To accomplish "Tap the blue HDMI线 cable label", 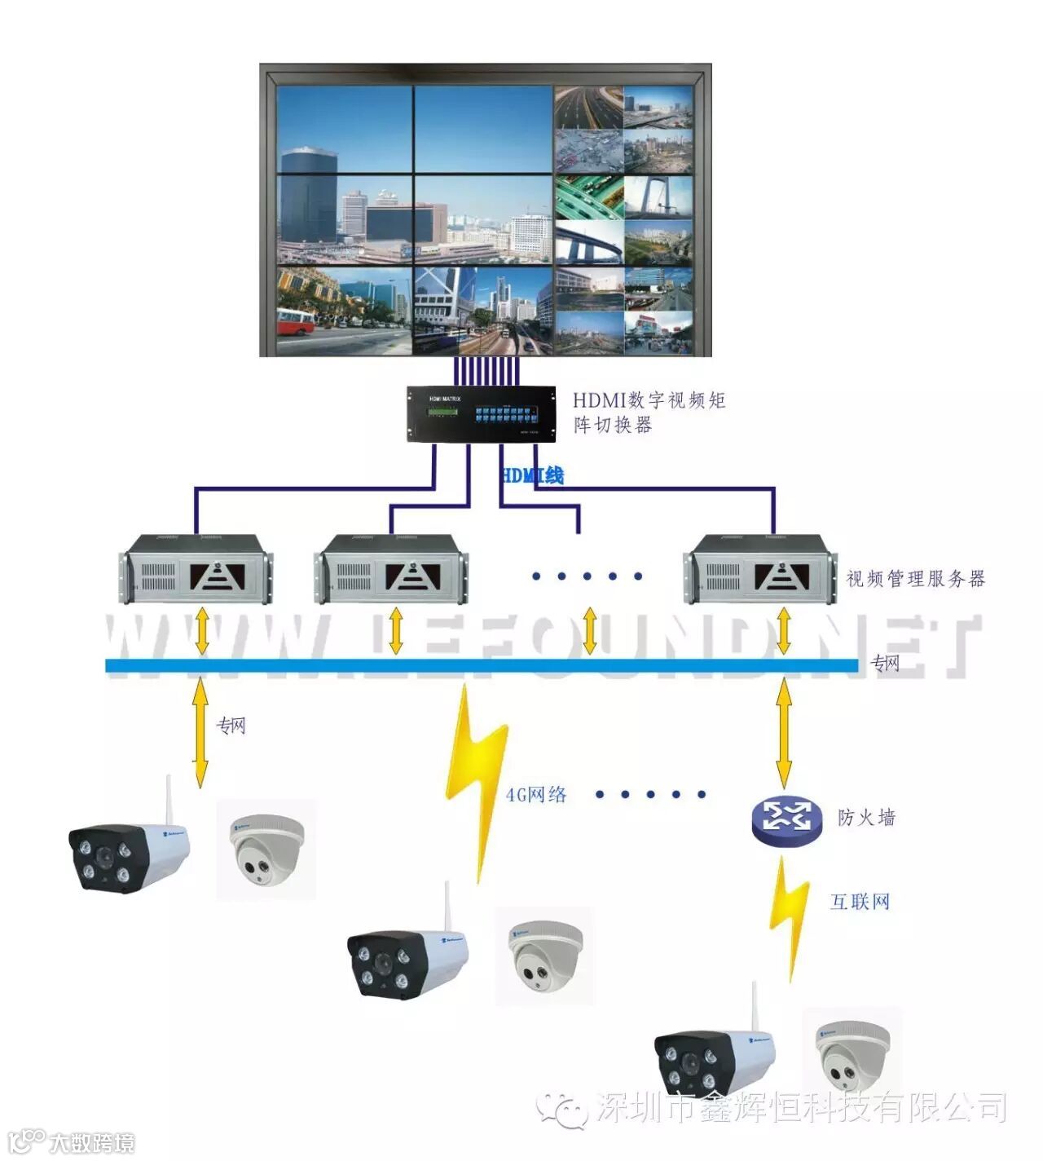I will [532, 475].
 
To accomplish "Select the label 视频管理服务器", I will [916, 579].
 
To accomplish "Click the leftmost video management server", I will [196, 568].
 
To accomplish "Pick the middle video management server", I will [391, 568].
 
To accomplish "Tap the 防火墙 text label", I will [866, 817].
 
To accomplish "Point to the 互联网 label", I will [860, 902].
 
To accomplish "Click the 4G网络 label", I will [536, 794].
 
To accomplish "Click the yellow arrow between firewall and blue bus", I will [784, 730].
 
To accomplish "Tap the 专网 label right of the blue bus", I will [886, 663].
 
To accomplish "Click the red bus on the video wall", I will [295, 321].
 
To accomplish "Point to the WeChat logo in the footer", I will [563, 1109].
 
